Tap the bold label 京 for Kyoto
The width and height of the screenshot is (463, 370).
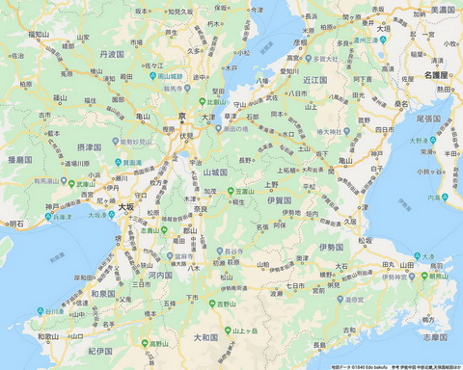(181, 117)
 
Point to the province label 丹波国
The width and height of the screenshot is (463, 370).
(111, 55)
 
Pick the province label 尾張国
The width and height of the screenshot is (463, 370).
(427, 119)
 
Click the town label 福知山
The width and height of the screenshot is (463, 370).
(39, 34)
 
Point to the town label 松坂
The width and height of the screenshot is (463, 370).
(364, 241)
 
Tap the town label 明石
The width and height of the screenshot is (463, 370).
(16, 224)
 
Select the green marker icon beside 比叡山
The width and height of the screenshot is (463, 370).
(197, 100)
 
